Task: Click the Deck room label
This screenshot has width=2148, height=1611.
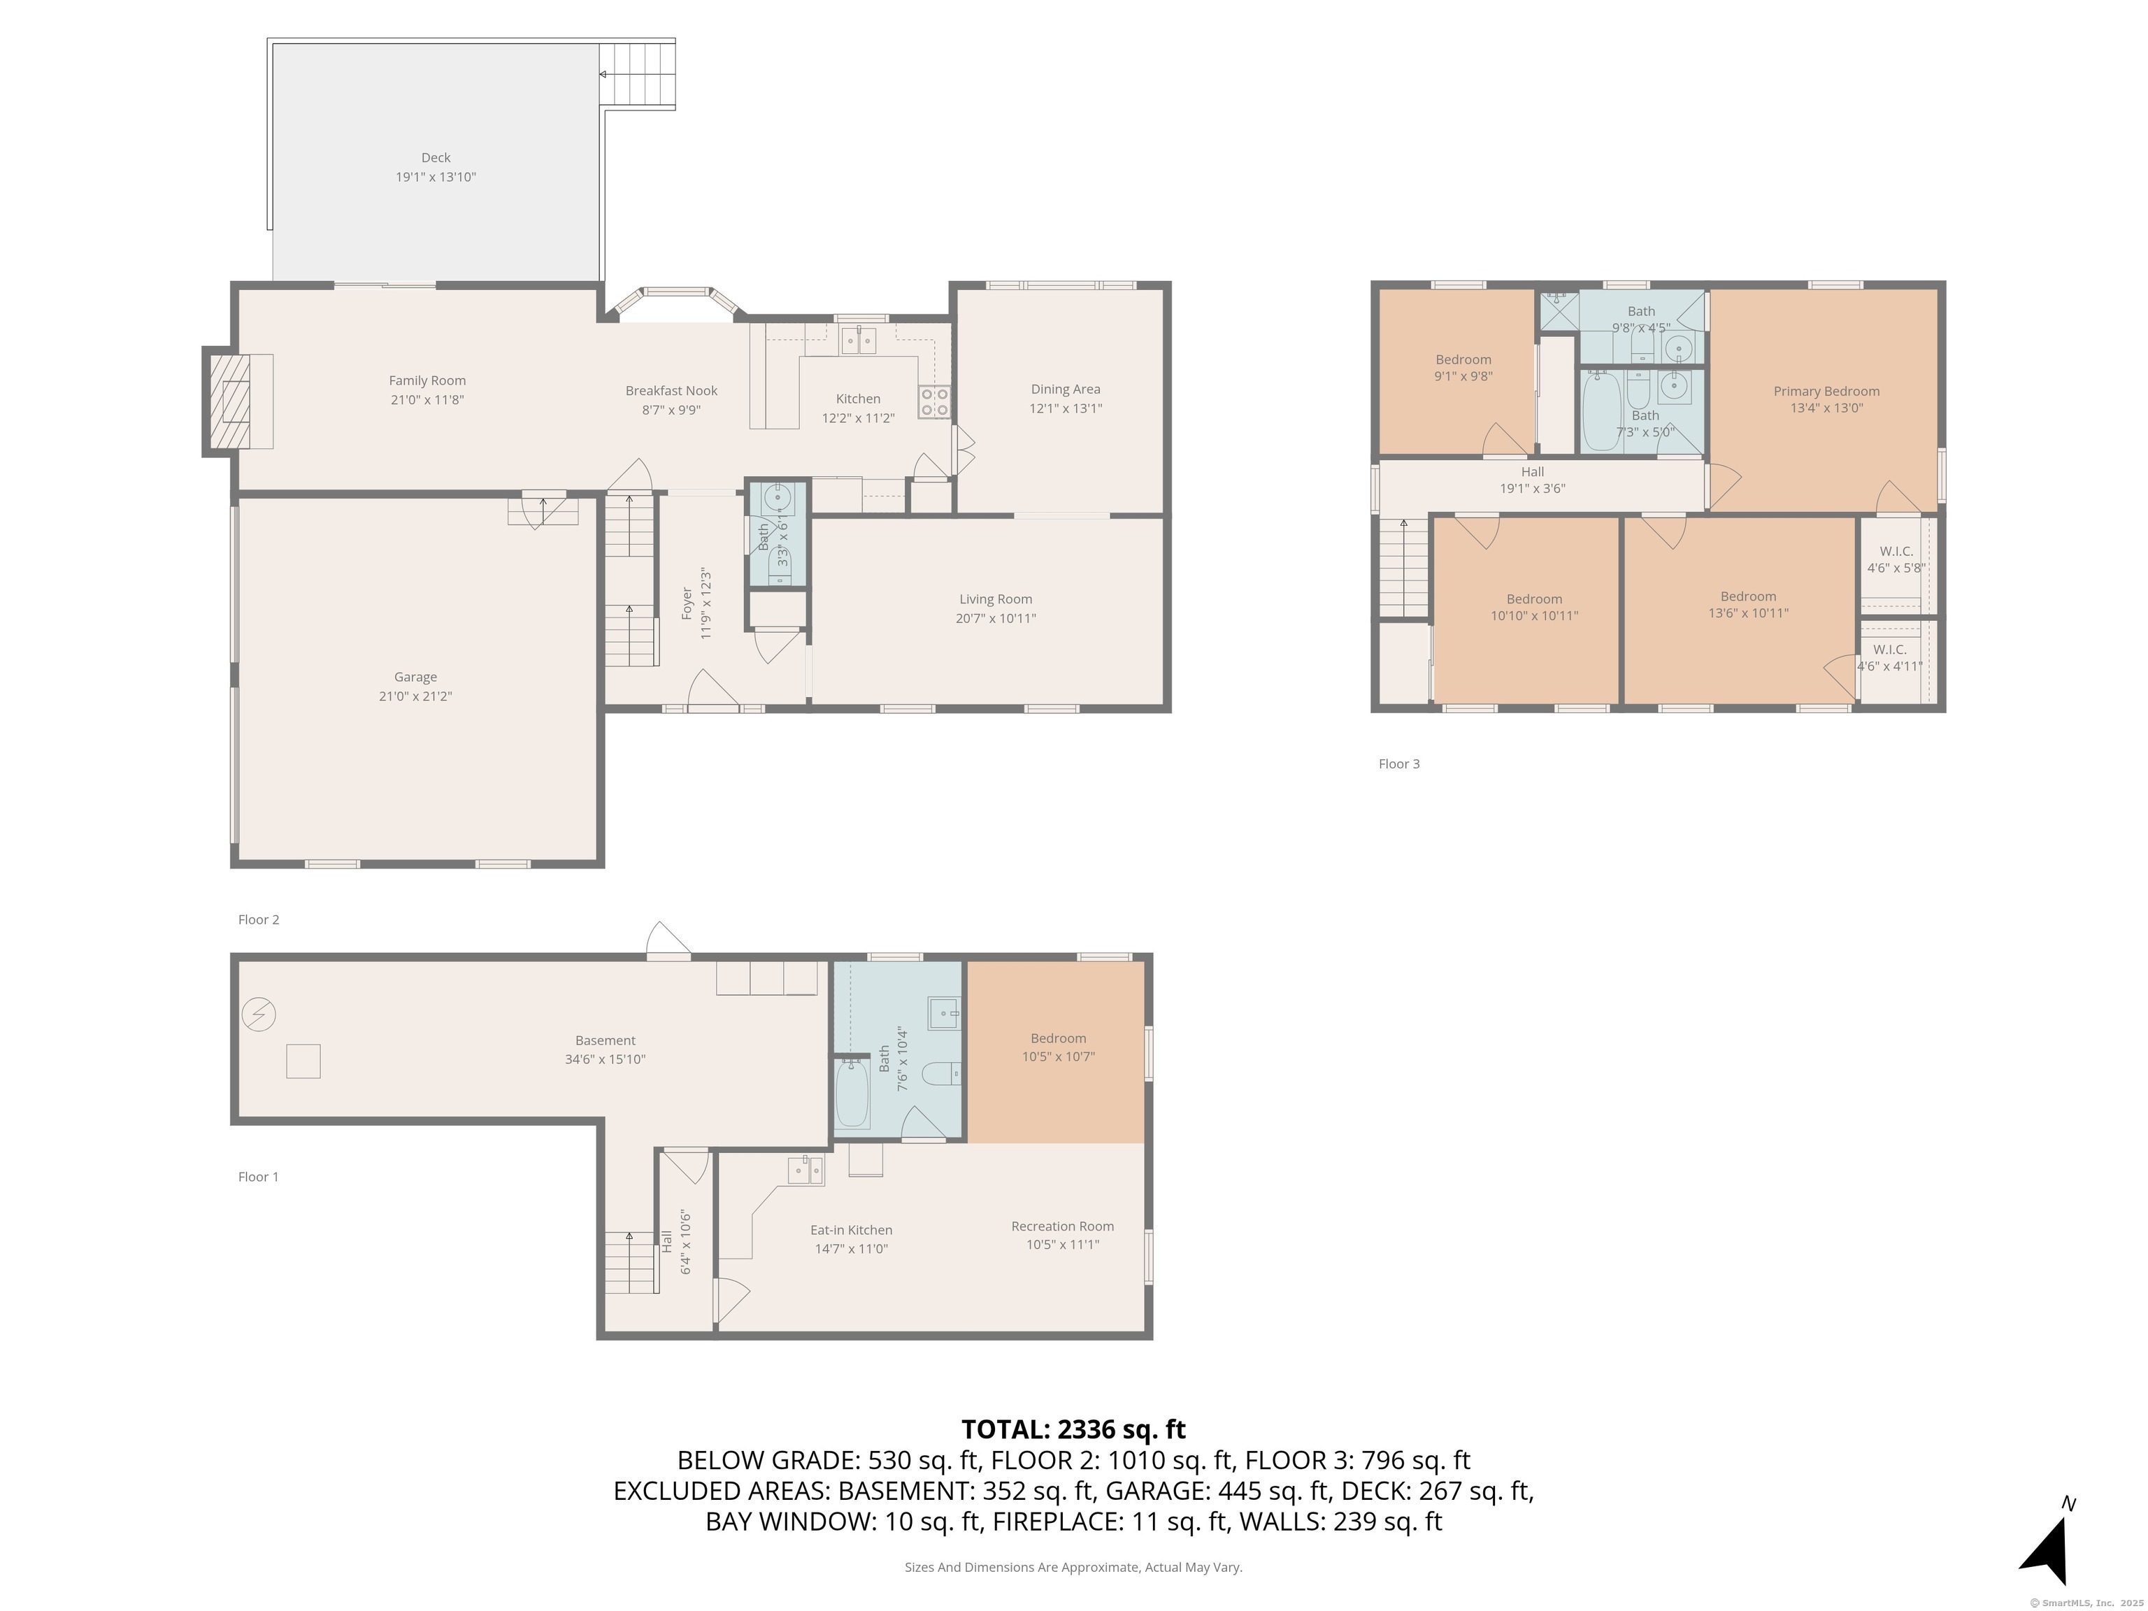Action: pos(436,157)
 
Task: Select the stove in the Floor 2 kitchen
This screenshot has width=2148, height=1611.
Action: pos(934,401)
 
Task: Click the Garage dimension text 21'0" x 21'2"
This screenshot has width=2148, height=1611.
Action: pos(415,696)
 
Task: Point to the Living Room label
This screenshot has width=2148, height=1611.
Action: pos(996,599)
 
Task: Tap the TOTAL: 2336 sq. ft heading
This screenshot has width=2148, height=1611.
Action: pos(1073,1429)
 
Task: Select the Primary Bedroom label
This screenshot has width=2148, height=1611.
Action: pos(1826,392)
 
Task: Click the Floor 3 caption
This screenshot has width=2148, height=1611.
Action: pos(1398,764)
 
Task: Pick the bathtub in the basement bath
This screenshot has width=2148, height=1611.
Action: pos(852,1094)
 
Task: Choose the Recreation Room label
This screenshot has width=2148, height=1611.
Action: pos(1061,1226)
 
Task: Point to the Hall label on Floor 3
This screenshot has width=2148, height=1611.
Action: pos(1533,472)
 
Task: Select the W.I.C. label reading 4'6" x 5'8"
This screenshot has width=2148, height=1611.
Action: pos(1896,552)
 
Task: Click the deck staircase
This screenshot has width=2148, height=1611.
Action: pos(637,74)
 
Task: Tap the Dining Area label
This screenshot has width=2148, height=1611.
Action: pos(1066,389)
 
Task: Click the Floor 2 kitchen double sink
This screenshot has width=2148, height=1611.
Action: pos(859,340)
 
